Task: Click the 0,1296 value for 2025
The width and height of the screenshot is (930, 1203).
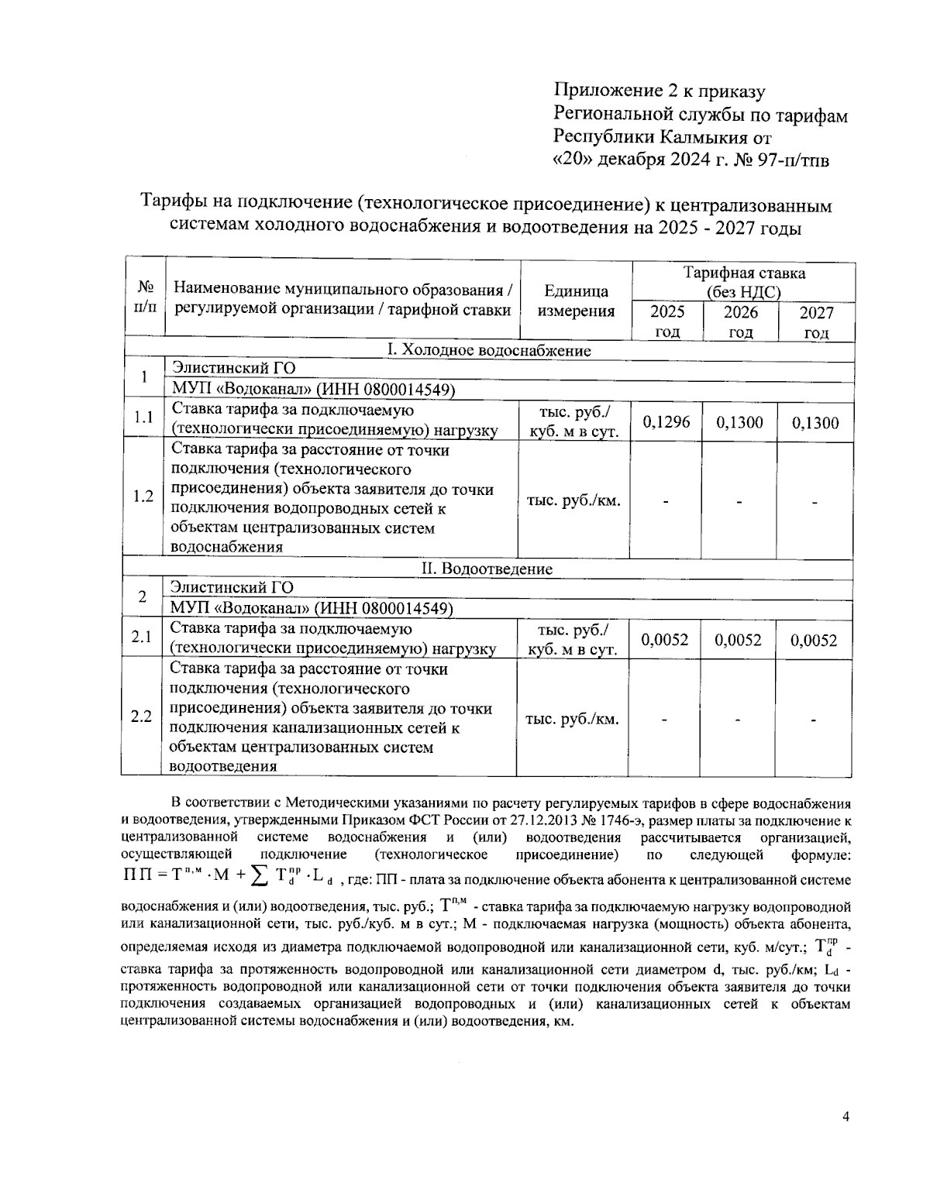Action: (x=666, y=422)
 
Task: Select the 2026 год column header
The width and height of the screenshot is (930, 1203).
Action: (x=739, y=322)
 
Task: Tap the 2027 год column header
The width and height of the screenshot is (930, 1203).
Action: (x=815, y=322)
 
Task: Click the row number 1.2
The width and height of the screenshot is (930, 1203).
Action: (x=143, y=497)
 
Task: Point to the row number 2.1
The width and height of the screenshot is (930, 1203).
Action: (x=141, y=638)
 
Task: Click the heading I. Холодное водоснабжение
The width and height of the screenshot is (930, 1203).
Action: (x=488, y=351)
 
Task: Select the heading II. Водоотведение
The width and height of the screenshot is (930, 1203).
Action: (x=487, y=569)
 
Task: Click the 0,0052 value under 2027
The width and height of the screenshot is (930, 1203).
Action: (x=814, y=640)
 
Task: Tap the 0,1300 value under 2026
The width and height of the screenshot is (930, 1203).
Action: (x=739, y=422)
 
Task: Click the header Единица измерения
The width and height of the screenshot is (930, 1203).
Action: (x=576, y=301)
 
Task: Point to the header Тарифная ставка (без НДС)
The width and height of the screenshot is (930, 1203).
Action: (x=743, y=283)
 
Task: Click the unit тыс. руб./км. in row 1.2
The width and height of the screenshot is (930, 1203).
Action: (x=573, y=500)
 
